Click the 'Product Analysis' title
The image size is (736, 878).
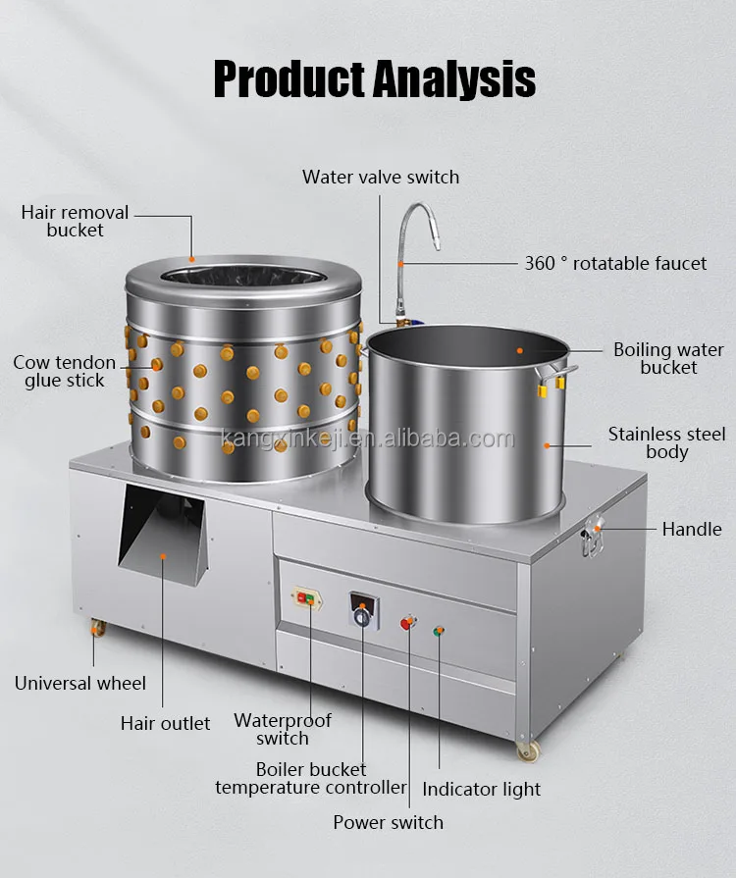[x=374, y=79]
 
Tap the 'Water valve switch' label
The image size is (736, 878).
[x=381, y=177]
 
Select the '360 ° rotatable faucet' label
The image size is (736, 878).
[x=615, y=263]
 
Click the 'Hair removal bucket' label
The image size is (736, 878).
[x=75, y=221]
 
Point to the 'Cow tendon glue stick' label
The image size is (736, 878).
[x=65, y=371]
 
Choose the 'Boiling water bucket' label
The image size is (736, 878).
[x=669, y=358]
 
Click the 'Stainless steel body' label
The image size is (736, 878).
[x=666, y=442]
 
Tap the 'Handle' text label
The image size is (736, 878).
[x=692, y=529]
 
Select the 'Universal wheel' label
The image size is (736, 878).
[x=80, y=683]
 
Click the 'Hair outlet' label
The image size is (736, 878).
[x=165, y=723]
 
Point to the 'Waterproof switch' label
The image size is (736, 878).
[x=283, y=729]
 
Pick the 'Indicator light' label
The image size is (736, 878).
[x=481, y=790]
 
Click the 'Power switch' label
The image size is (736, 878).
[x=389, y=822]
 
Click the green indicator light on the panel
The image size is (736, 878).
[x=439, y=631]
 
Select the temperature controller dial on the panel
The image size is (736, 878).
[x=363, y=617]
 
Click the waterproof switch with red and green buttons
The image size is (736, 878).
[x=306, y=599]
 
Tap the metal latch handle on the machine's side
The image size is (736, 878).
[x=593, y=536]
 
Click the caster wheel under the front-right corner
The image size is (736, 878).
[x=528, y=750]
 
